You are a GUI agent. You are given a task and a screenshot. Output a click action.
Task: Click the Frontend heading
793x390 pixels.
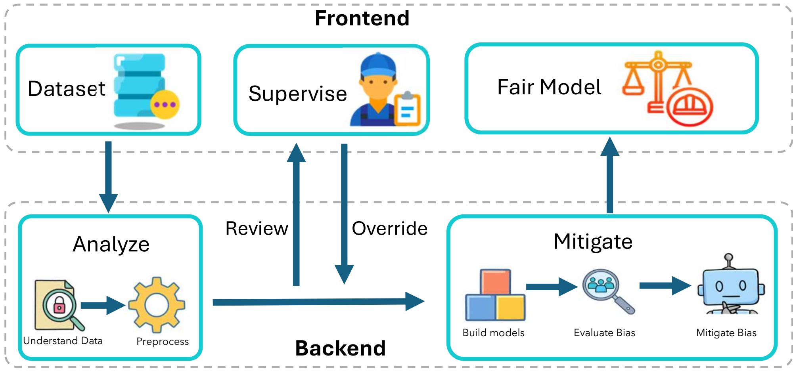[x=362, y=18]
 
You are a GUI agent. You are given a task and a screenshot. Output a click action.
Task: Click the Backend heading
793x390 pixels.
[x=340, y=348]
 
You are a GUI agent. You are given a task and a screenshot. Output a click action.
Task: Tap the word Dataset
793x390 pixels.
[x=67, y=88]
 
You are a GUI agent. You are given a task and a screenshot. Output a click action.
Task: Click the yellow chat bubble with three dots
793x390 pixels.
[x=165, y=105]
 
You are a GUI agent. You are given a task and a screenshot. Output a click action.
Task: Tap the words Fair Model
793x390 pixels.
[x=549, y=87]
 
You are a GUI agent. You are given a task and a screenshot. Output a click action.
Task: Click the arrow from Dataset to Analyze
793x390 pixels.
[x=108, y=174]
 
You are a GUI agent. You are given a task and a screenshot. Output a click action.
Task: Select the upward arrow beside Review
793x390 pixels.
[x=296, y=214]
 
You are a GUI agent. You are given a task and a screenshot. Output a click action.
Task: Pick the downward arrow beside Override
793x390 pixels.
[x=344, y=214]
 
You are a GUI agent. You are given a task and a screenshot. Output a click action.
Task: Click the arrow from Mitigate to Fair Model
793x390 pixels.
[x=610, y=174]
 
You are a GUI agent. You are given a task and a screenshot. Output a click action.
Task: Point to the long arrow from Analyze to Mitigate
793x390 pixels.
[x=317, y=302]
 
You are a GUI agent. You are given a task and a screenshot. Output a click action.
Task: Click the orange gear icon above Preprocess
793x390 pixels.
[x=157, y=304]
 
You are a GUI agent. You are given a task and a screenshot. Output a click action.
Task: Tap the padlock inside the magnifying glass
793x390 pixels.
[x=59, y=306]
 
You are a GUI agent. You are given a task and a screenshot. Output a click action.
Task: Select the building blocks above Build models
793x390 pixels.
[x=495, y=295]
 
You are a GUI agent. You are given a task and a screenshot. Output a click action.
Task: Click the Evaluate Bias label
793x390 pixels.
[x=604, y=333]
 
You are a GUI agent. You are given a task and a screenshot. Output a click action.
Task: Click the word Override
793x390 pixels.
[x=390, y=229]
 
